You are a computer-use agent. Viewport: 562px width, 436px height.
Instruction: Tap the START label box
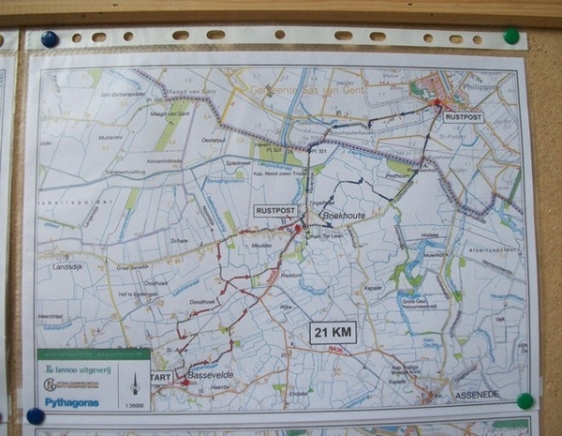point(160,377)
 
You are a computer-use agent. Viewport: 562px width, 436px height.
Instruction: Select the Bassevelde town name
point(209,374)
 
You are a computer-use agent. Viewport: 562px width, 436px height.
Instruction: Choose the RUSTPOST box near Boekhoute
point(276,212)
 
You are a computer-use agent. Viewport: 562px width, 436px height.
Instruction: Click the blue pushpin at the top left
point(49,39)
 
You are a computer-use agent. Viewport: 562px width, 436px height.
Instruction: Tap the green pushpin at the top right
point(510,36)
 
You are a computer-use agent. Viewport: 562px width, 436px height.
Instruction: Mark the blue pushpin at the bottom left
point(36,415)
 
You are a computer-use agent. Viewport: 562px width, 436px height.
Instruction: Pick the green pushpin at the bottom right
point(525,400)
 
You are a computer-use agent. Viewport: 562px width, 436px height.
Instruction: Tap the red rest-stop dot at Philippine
point(436,102)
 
